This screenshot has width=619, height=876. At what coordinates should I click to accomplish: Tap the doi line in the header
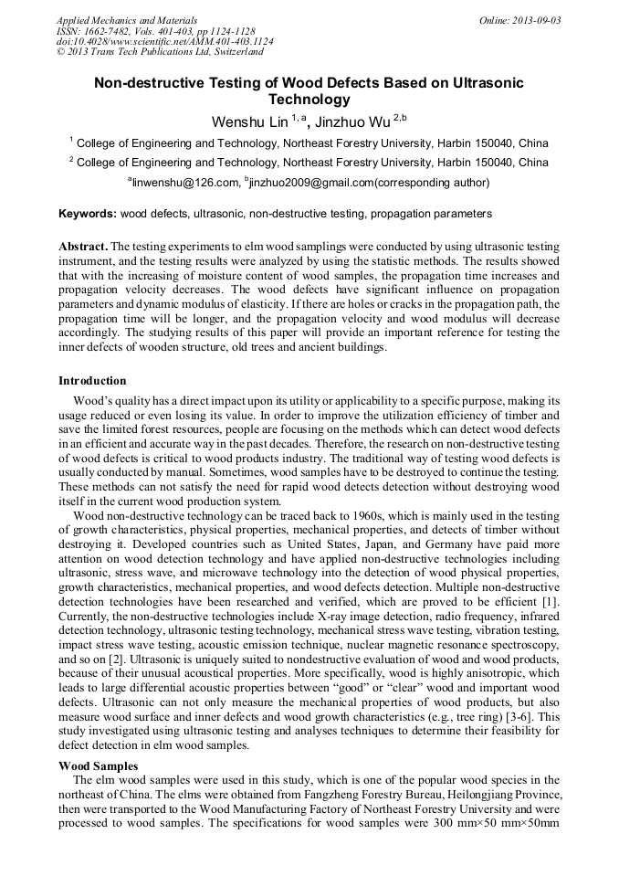tap(164, 42)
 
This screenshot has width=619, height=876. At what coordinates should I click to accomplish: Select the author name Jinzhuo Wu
tap(352, 121)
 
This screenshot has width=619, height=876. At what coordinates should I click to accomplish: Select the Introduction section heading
tap(92, 381)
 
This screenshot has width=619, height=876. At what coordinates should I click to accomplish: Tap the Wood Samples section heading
tap(99, 765)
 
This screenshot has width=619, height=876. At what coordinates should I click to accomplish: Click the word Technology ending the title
tap(309, 100)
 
